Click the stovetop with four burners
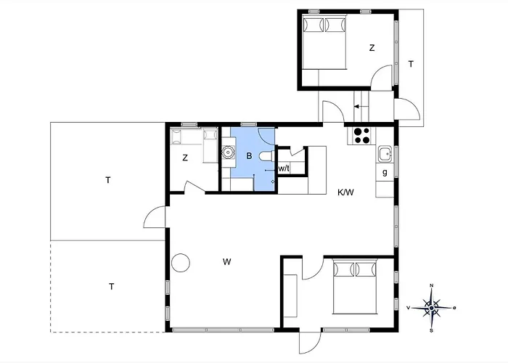[x=361, y=136]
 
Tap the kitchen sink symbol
[x=385, y=154]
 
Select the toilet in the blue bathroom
[x=266, y=156]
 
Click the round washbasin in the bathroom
[x=228, y=152]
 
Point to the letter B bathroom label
[x=249, y=156]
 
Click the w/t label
[x=284, y=168]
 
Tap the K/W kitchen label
[x=345, y=192]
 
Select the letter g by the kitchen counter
[x=385, y=173]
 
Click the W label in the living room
[x=226, y=261]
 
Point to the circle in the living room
[x=181, y=263]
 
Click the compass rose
[x=432, y=308]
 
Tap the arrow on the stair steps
[x=361, y=106]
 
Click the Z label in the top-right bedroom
[x=372, y=48]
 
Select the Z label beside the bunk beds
[x=185, y=158]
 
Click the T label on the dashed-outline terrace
[x=112, y=287]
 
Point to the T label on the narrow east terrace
[x=411, y=64]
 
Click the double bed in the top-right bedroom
[x=324, y=41]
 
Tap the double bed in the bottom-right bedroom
[x=355, y=286]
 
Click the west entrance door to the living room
[x=155, y=216]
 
